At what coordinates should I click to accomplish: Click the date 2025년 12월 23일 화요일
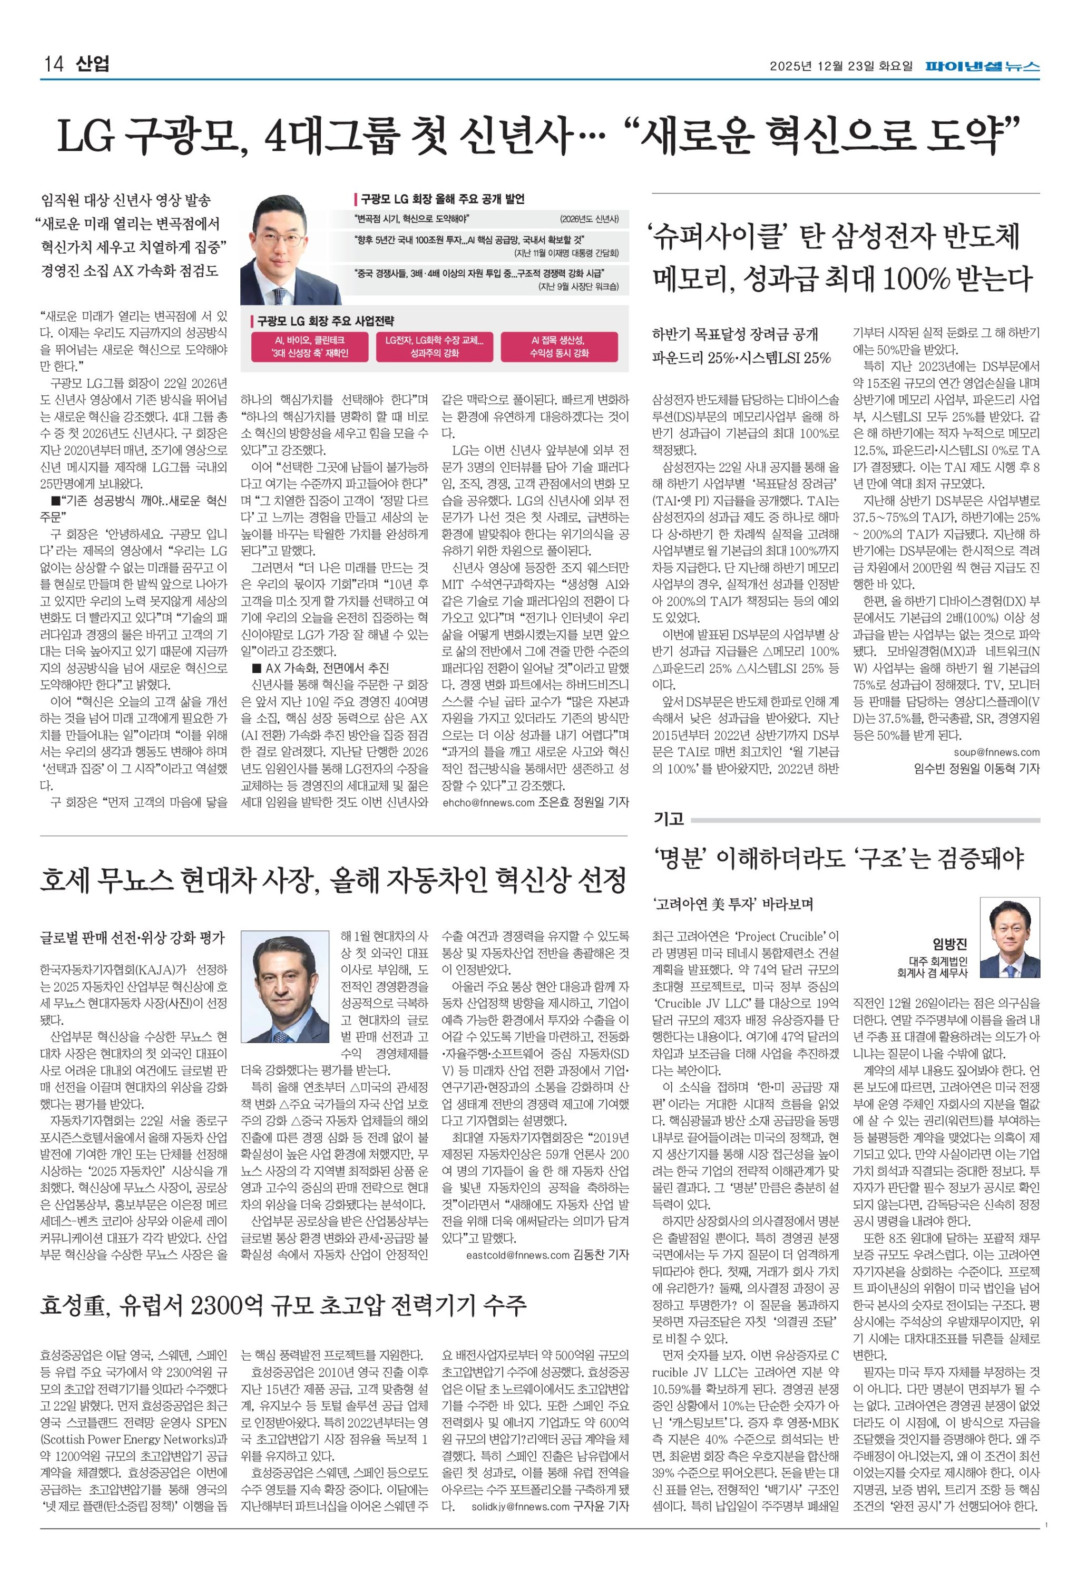(x=840, y=66)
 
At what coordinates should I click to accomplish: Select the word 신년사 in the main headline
(x=516, y=136)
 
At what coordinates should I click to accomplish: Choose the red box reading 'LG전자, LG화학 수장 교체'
(x=434, y=347)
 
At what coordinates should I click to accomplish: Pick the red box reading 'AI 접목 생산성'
(x=558, y=347)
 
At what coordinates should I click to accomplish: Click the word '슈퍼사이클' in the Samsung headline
(x=722, y=237)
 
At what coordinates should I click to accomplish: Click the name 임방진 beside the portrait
(x=950, y=944)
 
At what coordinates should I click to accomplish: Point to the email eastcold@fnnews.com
(x=517, y=1255)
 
